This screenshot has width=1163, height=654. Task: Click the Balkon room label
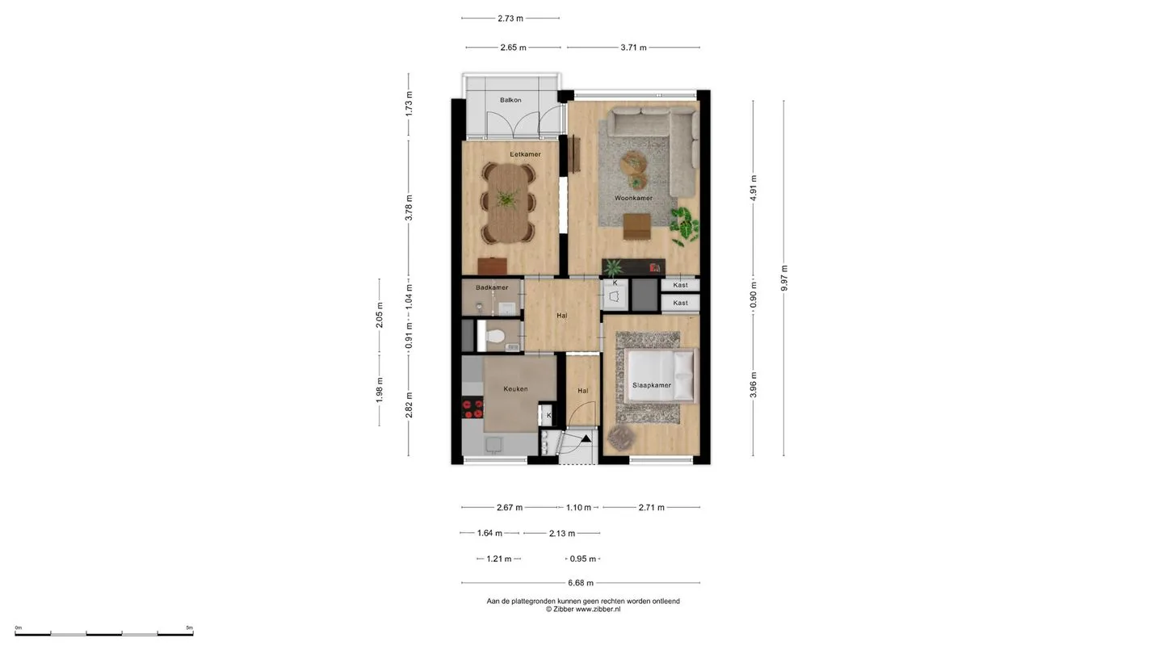click(510, 100)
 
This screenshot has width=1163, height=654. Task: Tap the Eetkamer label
click(525, 154)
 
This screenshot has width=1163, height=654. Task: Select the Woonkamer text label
click(633, 198)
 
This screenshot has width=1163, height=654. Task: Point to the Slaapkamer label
click(652, 385)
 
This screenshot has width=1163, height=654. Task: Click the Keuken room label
click(515, 389)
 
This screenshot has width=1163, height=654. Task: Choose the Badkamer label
click(492, 287)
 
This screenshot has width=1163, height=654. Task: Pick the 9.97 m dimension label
click(784, 278)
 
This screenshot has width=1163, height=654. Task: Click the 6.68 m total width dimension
click(581, 583)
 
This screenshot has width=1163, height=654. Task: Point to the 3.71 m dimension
click(633, 47)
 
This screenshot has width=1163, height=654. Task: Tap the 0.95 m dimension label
click(582, 559)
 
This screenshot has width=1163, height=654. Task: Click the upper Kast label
click(680, 285)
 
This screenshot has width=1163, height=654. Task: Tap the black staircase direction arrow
click(586, 438)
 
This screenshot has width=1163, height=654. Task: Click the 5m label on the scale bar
click(190, 627)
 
